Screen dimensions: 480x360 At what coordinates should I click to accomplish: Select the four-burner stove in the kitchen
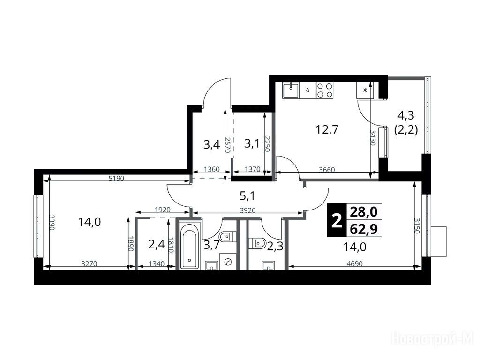325,90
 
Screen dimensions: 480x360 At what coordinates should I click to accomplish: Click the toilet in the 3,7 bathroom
227,236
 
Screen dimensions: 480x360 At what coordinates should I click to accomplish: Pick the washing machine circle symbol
228,262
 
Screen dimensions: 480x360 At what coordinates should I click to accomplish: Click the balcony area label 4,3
405,115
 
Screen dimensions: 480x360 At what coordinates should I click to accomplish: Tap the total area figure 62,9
364,229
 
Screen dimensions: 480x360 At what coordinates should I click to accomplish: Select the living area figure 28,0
364,212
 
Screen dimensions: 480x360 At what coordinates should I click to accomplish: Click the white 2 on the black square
337,220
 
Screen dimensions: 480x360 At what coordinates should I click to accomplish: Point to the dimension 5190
117,178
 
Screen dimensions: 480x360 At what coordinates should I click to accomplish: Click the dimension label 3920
247,210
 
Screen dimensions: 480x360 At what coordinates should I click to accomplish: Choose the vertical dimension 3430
373,137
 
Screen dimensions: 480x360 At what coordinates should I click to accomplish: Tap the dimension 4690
355,263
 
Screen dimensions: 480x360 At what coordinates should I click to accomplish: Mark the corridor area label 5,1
247,196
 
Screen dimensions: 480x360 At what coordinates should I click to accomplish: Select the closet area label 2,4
157,244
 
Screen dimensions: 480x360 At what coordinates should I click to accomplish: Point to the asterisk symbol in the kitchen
365,90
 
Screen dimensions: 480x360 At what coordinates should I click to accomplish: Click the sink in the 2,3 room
268,265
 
